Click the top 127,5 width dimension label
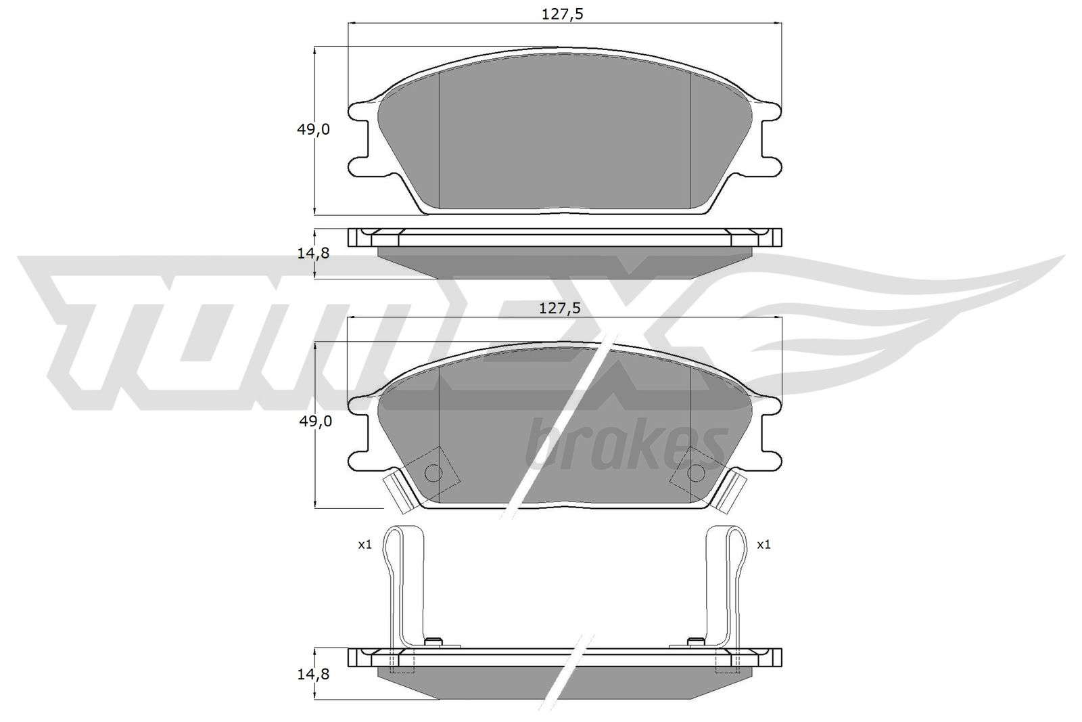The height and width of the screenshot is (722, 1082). (562, 14)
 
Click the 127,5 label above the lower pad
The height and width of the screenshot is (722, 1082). (559, 309)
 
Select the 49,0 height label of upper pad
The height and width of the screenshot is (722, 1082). (313, 129)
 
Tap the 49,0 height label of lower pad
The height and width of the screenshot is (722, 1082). (315, 422)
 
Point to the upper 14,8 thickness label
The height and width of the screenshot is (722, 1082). (313, 253)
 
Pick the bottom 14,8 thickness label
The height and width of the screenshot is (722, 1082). (313, 674)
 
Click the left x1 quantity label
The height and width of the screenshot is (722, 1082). (364, 545)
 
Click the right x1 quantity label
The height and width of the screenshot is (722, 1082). (763, 545)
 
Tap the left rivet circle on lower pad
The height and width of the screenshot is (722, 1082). (433, 472)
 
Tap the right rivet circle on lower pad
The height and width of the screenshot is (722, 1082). (696, 472)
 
